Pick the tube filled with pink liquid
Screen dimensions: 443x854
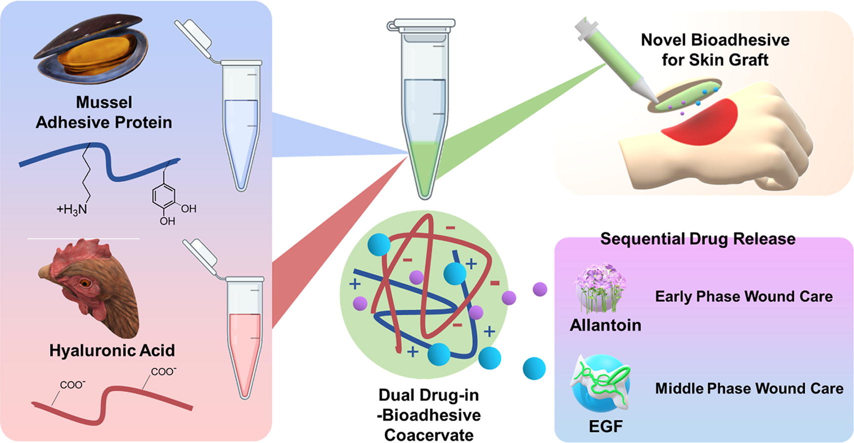(x=245, y=345)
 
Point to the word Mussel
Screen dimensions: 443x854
(x=104, y=102)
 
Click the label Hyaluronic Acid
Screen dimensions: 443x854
(x=112, y=350)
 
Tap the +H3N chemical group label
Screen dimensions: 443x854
(x=72, y=209)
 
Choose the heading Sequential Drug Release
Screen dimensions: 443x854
(x=698, y=239)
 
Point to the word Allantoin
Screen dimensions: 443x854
(x=605, y=325)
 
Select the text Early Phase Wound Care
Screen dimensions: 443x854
(x=744, y=296)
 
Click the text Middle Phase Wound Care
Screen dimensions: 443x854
(x=749, y=388)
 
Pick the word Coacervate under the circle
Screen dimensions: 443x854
(x=429, y=435)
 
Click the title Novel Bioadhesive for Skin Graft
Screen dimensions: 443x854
(x=715, y=50)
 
